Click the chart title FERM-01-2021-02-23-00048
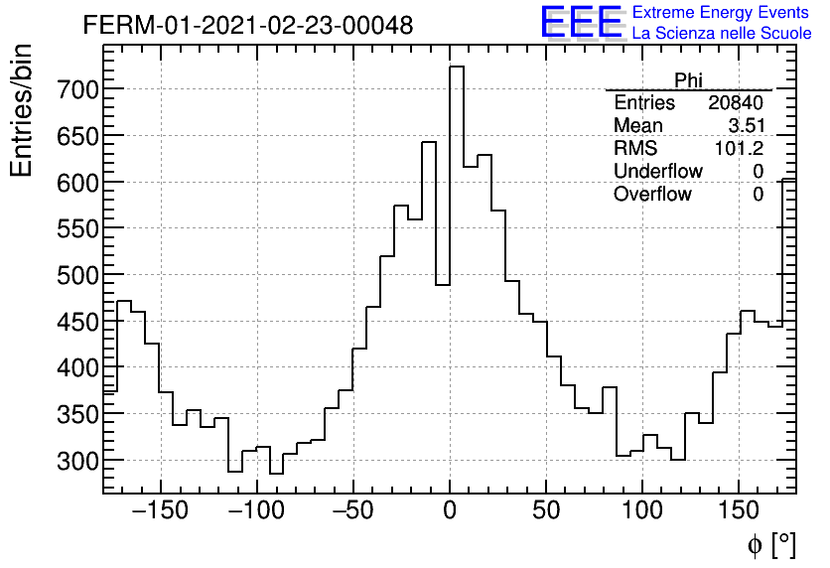coord(248,25)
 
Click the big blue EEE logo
coord(580,22)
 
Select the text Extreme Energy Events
coord(721,13)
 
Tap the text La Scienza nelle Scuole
coord(721,34)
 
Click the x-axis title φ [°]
coord(771,545)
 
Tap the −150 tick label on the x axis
coord(159,511)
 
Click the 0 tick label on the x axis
coord(450,511)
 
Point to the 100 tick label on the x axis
coord(643,511)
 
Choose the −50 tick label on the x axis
coord(352,511)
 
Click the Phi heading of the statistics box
coord(689,80)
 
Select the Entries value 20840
coord(736,103)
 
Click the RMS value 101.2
coord(740,149)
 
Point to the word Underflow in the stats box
coord(657,172)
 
